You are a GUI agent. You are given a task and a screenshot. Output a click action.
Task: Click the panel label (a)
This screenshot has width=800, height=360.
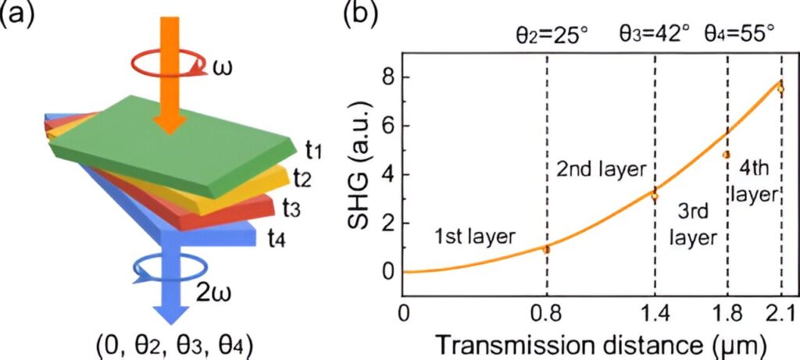pyautogui.click(x=17, y=15)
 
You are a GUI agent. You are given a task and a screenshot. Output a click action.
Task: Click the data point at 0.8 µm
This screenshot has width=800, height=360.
pyautogui.click(x=546, y=249)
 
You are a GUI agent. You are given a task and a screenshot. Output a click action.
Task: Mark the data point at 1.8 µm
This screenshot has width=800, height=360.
pyautogui.click(x=727, y=155)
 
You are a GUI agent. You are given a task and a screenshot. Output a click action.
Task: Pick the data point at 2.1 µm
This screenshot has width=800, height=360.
pyautogui.click(x=780, y=88)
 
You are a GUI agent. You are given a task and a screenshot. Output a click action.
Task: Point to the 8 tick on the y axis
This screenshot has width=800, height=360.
pyautogui.click(x=385, y=77)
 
